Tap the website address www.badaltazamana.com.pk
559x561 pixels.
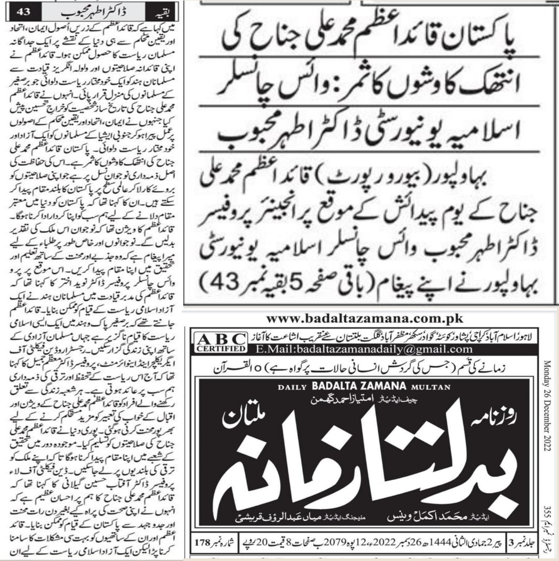[x=364, y=319]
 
